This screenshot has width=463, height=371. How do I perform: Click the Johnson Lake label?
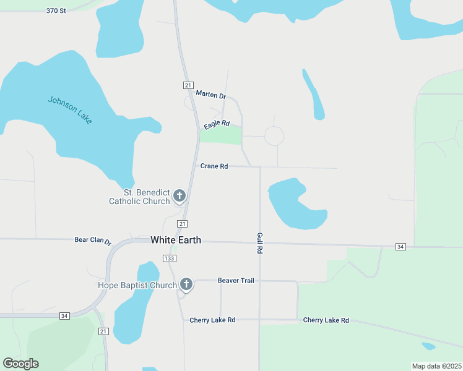pyautogui.click(x=70, y=110)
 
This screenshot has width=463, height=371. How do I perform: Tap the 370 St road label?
pyautogui.click(x=56, y=11)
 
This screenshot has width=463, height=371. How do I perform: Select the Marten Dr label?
pyautogui.click(x=211, y=94)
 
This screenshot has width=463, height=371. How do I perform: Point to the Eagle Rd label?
pyautogui.click(x=217, y=124)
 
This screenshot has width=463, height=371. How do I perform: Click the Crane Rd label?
pyautogui.click(x=214, y=166)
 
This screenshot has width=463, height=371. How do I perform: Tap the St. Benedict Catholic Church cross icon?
pyautogui.click(x=180, y=197)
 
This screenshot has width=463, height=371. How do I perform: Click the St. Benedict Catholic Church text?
pyautogui.click(x=139, y=197)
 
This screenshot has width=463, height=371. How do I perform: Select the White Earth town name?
pyautogui.click(x=176, y=240)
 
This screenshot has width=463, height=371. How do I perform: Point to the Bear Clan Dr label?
pyautogui.click(x=92, y=240)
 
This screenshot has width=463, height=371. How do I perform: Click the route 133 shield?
pyautogui.click(x=170, y=258)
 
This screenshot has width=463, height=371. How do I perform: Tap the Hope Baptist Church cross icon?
pyautogui.click(x=186, y=284)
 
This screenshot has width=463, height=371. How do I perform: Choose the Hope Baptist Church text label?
pyautogui.click(x=137, y=285)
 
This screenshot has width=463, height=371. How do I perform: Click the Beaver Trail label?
pyautogui.click(x=236, y=281)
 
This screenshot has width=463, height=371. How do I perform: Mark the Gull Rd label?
pyautogui.click(x=260, y=244)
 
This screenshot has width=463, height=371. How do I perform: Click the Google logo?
pyautogui.click(x=21, y=364)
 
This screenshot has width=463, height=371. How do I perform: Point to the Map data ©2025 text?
pyautogui.click(x=436, y=366)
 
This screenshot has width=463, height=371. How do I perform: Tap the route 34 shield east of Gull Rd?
pyautogui.click(x=400, y=247)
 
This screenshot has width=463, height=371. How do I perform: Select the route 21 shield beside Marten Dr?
pyautogui.click(x=188, y=85)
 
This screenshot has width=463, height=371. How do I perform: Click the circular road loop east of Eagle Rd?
pyautogui.click(x=274, y=136)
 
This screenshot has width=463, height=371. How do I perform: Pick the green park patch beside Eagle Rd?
pyautogui.click(x=225, y=135)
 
